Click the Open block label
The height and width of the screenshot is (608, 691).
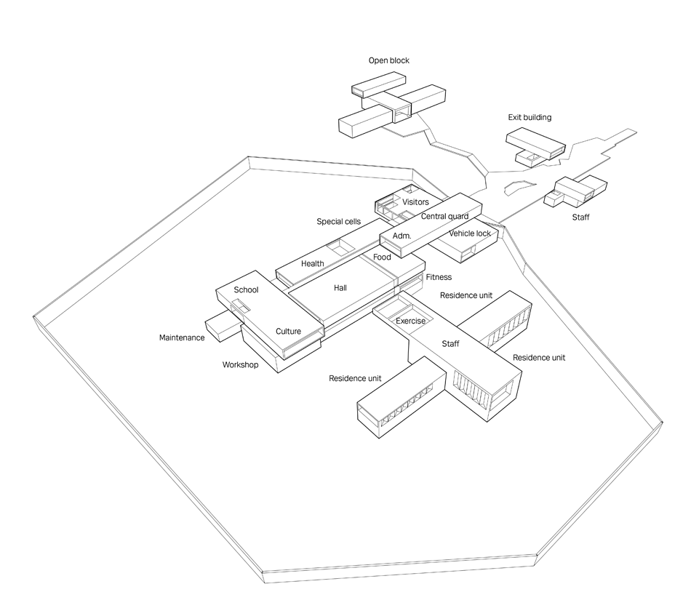point(388,60)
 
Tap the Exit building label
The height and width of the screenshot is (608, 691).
point(530,117)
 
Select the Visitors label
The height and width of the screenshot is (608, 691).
point(415,201)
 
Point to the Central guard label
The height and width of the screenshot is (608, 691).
point(444,216)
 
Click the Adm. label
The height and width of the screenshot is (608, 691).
point(402,236)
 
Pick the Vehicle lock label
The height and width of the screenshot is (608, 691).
point(470,233)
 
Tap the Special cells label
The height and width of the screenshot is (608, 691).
point(339,221)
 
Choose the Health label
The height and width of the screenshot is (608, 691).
point(312,263)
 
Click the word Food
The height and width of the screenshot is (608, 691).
point(382,257)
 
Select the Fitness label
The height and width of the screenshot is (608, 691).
point(439,277)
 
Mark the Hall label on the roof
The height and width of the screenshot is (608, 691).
point(340,288)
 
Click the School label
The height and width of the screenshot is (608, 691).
point(246,290)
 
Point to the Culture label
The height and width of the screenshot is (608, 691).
point(288,332)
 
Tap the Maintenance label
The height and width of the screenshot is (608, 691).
point(182,337)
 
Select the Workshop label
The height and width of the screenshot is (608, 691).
point(240,364)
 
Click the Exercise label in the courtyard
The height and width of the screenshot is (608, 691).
point(410,321)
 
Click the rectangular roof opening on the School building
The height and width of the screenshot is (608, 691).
point(241,305)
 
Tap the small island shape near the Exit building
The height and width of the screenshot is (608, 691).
point(516,188)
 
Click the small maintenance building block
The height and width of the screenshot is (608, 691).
point(219,325)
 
